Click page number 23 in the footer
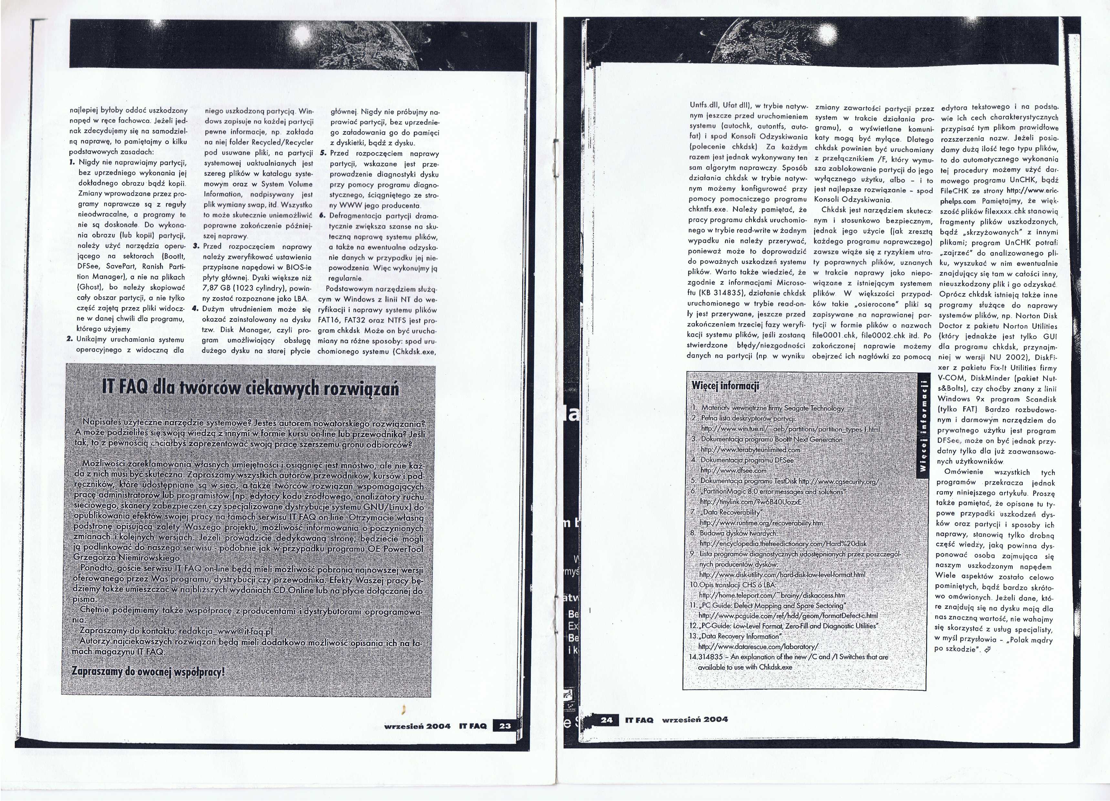504,726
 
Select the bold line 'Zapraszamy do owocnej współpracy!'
148,671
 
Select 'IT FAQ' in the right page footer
639,720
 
